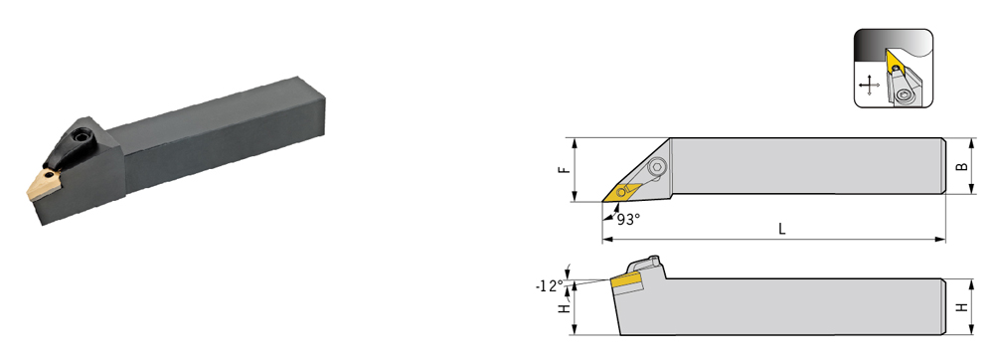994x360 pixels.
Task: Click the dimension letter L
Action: tap(781, 230)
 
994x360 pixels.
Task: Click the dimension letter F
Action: tap(567, 169)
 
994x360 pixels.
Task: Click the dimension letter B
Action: tap(961, 166)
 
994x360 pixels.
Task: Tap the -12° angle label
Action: tap(549, 285)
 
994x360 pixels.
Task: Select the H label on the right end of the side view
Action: tap(961, 306)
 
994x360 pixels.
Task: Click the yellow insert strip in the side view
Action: tap(626, 279)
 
